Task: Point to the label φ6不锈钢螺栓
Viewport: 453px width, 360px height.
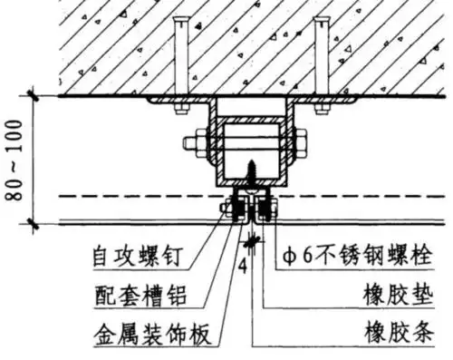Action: (x=350, y=258)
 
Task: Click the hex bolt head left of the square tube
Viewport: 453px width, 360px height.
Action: (x=192, y=143)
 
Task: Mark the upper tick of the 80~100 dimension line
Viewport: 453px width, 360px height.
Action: (x=33, y=95)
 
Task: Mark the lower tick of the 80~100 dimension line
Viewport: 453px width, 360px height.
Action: (x=33, y=221)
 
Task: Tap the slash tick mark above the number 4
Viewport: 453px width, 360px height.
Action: (x=250, y=244)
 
